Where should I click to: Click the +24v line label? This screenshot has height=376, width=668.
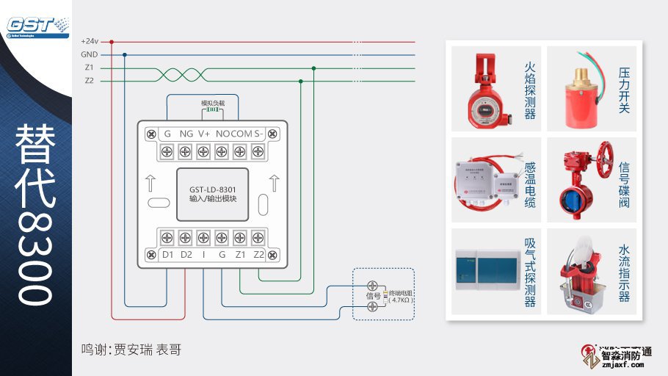90,41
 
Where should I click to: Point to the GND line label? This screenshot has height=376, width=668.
89,54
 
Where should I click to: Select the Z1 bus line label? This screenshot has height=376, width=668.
89,68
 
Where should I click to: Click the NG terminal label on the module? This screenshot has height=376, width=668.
186,134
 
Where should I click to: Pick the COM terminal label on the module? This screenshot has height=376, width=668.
242,134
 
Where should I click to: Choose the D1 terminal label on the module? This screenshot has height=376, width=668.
167,255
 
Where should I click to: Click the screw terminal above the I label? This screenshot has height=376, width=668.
203,238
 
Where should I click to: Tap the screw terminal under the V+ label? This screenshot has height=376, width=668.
203,151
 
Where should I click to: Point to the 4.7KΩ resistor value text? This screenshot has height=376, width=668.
401,300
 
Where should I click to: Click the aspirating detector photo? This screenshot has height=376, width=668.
484,272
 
